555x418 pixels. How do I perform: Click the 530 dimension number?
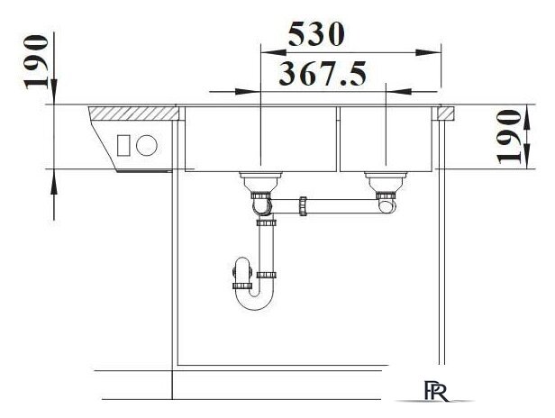(x=315, y=34)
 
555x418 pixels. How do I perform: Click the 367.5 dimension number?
(x=323, y=74)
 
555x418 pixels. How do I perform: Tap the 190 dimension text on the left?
(x=36, y=61)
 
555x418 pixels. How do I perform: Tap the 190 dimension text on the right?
(x=509, y=137)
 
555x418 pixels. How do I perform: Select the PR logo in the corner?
(x=435, y=391)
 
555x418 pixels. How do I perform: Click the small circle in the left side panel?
(x=147, y=145)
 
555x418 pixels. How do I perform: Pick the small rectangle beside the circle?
(x=123, y=145)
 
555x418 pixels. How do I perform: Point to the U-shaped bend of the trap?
(x=255, y=299)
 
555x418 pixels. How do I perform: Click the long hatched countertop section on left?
(x=133, y=114)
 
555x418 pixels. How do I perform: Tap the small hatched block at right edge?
(x=445, y=114)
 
